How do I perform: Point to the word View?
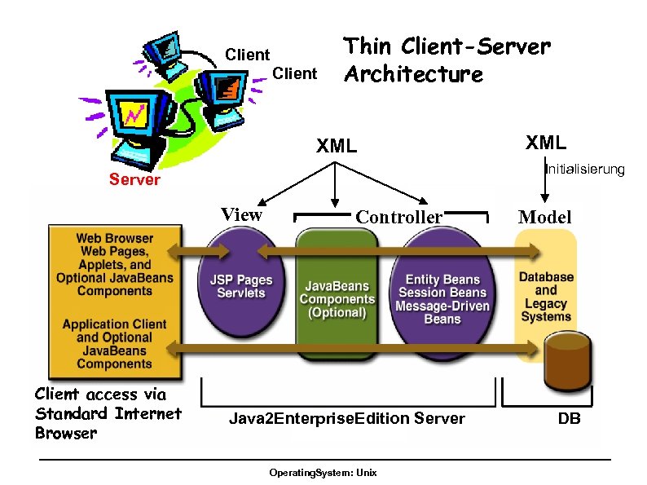(x=242, y=215)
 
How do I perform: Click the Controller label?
(x=398, y=217)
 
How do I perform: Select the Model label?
(x=545, y=217)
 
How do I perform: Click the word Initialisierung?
(x=584, y=170)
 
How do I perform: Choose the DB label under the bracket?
(x=569, y=419)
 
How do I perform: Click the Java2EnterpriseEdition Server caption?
(x=346, y=419)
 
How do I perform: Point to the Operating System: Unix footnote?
(x=323, y=474)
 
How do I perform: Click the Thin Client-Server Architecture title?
(x=447, y=60)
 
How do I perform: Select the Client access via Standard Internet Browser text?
(x=107, y=413)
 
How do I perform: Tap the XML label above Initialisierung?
(x=545, y=143)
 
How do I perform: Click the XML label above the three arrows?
(x=336, y=147)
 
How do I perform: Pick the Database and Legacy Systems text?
(x=546, y=296)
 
